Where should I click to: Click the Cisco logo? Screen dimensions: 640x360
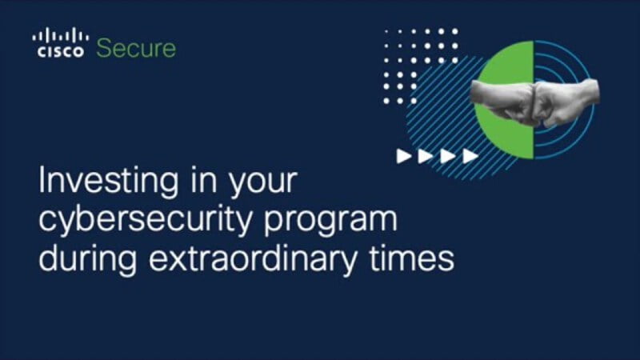coord(61,42)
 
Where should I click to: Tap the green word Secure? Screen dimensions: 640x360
coord(136,48)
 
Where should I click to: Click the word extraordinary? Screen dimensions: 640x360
coord(253,259)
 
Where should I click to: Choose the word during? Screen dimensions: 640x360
coord(88,259)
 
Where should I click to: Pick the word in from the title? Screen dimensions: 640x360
coord(203,181)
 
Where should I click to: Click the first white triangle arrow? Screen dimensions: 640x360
coord(404,156)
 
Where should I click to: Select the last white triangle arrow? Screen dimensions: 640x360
coord(470,156)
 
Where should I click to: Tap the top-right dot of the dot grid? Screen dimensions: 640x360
coord(455,31)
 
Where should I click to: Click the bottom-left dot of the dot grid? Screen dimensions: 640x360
coord(386,101)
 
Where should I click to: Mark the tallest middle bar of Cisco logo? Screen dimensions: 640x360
coord(61,34)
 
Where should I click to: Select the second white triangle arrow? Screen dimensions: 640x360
coord(426,156)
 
